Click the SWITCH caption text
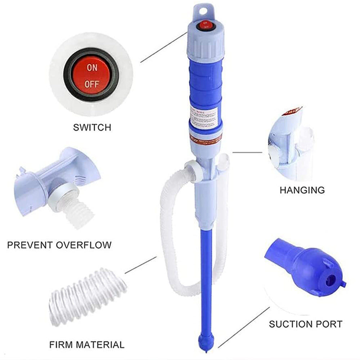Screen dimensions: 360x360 point(92,127)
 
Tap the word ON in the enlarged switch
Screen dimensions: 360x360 point(92,68)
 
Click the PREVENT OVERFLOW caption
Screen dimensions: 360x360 point(59,246)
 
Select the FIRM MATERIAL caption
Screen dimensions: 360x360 point(86,344)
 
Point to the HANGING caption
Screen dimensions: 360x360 point(302,190)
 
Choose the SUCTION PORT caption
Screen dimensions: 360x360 point(306,324)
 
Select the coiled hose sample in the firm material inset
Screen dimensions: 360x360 point(88,295)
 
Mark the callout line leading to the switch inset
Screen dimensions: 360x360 point(163,47)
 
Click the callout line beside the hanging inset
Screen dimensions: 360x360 point(247,152)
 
